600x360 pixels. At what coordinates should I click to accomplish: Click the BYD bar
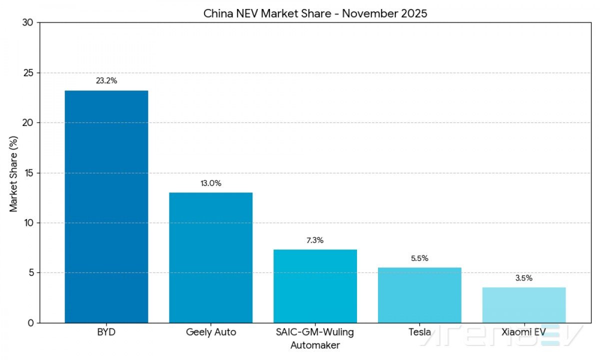coord(106,206)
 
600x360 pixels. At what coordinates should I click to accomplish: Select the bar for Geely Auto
coord(210,257)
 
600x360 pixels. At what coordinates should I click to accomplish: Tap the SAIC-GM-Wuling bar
coord(315,286)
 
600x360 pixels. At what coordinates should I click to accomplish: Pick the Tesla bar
coord(419,295)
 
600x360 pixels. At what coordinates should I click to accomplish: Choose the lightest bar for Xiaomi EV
coord(524,305)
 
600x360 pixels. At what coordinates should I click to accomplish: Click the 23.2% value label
coord(106,81)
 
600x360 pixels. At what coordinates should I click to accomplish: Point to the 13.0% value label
coord(210,183)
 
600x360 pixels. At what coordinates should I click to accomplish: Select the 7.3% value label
coord(315,240)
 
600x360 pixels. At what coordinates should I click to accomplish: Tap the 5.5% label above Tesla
coord(419,258)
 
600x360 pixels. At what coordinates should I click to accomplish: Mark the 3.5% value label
coord(524,278)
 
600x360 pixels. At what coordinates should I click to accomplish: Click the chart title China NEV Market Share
coord(315,13)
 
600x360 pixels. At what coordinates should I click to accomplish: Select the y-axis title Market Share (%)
coord(13,172)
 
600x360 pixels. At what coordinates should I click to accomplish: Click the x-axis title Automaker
coord(315,345)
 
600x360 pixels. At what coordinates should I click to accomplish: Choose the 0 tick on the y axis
coord(30,323)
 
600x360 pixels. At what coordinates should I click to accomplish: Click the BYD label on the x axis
coord(106,332)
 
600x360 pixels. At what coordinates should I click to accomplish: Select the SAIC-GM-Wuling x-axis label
coord(315,332)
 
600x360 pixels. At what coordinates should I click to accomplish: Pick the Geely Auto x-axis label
coord(210,332)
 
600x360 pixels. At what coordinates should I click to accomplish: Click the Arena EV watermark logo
coord(500,336)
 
